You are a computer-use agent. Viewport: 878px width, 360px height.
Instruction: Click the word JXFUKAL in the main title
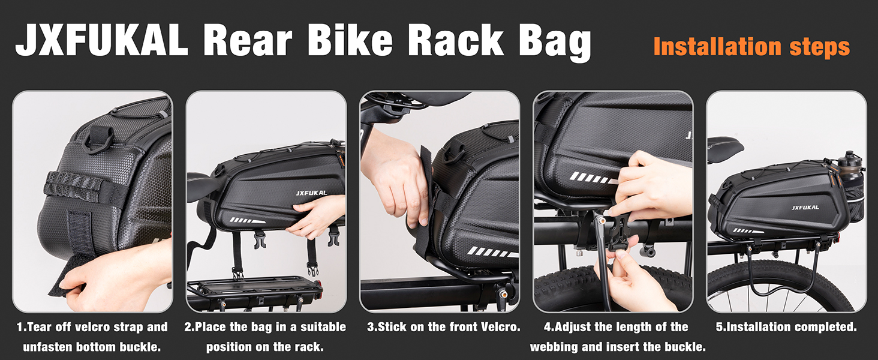[x=102, y=40]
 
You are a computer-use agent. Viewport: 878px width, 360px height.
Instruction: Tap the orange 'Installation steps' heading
[x=751, y=47]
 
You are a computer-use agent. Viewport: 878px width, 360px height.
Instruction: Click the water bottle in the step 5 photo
[x=850, y=169]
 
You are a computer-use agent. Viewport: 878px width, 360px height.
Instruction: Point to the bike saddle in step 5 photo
[x=725, y=145]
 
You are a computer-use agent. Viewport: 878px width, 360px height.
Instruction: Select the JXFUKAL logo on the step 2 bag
[x=311, y=193]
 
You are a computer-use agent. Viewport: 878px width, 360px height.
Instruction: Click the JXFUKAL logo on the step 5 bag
[x=805, y=208]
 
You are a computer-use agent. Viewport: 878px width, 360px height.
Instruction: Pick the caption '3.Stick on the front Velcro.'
[x=443, y=327]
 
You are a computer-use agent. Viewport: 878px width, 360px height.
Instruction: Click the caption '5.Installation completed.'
[x=786, y=327]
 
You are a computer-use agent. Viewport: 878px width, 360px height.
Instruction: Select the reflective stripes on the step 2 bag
[x=247, y=220]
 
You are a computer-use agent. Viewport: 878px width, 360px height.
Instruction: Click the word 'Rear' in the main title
[x=248, y=41]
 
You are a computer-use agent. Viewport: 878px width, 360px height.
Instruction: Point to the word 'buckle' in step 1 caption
[x=140, y=347]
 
